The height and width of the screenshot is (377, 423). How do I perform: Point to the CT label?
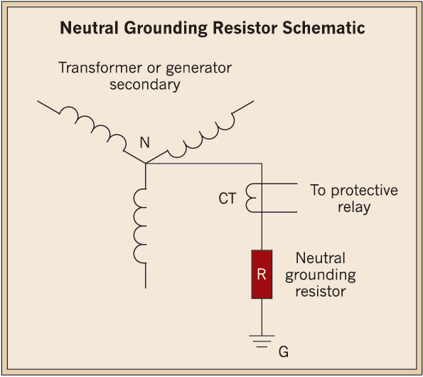tap(226, 198)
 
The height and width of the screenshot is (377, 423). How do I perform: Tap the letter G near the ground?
tap(284, 351)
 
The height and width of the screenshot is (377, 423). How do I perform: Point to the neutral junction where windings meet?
tap(146, 163)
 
